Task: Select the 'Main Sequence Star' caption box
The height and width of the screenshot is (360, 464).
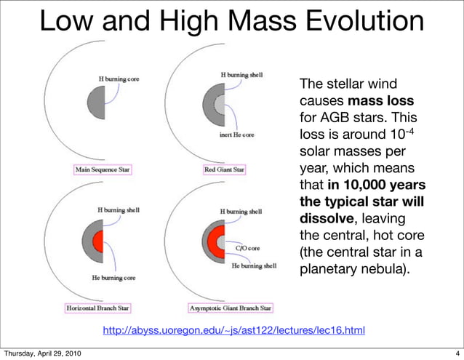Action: pos(107,170)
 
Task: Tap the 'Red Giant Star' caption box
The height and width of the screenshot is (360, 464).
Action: pos(225,170)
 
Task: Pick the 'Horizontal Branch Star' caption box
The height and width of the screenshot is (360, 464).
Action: pos(98,308)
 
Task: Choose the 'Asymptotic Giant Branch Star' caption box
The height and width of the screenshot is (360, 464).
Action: pos(230,308)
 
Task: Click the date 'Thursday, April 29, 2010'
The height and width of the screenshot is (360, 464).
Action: pos(41,353)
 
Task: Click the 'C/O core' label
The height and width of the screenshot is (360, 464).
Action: pos(244,248)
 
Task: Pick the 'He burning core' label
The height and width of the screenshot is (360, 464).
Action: pos(113,278)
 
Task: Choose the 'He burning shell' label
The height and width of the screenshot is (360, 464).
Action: pos(254,265)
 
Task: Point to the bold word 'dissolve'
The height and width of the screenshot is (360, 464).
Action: pos(324,219)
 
